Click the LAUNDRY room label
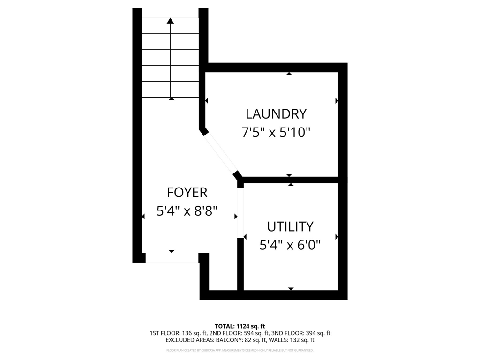click(276, 113)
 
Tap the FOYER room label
click(187, 192)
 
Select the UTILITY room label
click(290, 226)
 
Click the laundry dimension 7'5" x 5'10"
click(276, 133)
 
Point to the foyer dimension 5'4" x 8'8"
click(187, 211)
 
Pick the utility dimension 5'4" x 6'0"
click(290, 245)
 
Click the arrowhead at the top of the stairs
click(171, 21)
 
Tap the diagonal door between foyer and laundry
click(221, 153)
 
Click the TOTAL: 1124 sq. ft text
click(240, 326)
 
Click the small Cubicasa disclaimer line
click(240, 350)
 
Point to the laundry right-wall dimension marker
click(337, 101)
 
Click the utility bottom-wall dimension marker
click(291, 289)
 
